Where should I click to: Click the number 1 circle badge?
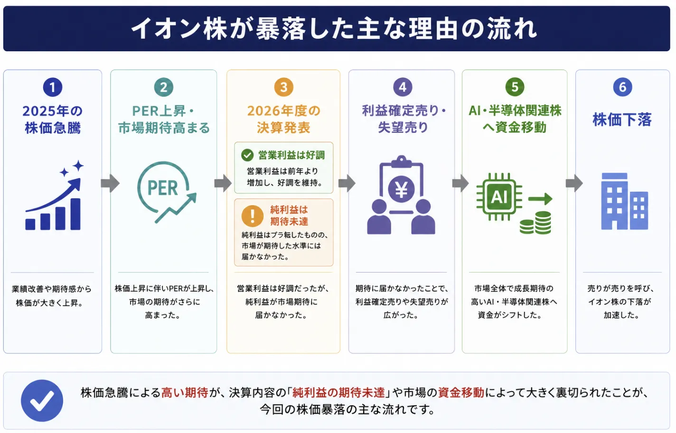(53, 87)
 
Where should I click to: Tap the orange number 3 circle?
(283, 87)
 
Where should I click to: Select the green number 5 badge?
(515, 87)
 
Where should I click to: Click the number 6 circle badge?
(622, 87)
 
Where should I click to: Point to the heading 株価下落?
(622, 119)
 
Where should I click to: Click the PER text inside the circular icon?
(163, 188)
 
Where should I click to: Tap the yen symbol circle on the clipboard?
(401, 189)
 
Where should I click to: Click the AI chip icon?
(499, 197)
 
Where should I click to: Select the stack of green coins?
(535, 223)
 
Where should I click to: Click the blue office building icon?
(624, 201)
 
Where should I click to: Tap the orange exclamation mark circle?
(252, 216)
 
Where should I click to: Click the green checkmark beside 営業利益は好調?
(247, 155)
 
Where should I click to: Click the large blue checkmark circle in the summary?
(42, 400)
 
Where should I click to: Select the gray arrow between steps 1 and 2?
(110, 183)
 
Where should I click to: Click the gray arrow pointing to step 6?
(574, 183)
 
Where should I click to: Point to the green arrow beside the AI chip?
(540, 199)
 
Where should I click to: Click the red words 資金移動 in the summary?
(461, 393)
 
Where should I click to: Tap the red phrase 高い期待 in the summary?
(185, 393)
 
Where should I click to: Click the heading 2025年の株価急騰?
(53, 119)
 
